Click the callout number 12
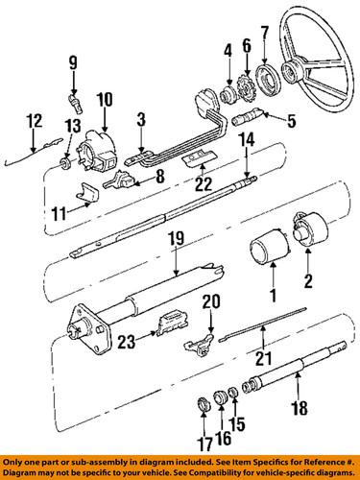pyautogui.click(x=34, y=120)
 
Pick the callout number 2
pyautogui.click(x=308, y=279)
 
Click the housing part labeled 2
pyautogui.click(x=306, y=239)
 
